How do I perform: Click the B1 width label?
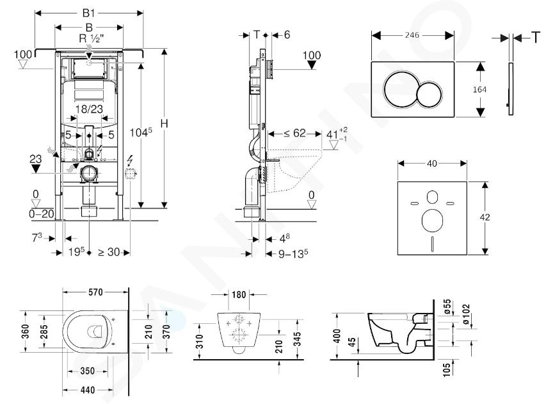[88, 13]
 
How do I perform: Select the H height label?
[165, 124]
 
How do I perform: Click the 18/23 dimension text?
[89, 109]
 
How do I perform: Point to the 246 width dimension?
[412, 35]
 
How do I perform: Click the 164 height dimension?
[479, 89]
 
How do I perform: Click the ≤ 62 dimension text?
[294, 133]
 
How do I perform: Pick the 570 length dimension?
[95, 292]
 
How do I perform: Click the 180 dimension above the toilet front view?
[239, 295]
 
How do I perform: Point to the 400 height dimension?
[337, 336]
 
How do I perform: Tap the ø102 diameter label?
[467, 314]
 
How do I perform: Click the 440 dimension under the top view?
[87, 390]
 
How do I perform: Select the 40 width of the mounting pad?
[432, 164]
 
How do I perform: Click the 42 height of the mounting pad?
[485, 217]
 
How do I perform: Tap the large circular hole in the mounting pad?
[432, 221]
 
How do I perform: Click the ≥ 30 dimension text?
[108, 252]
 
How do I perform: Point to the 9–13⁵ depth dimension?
[293, 254]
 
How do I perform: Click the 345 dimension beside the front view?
[296, 338]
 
